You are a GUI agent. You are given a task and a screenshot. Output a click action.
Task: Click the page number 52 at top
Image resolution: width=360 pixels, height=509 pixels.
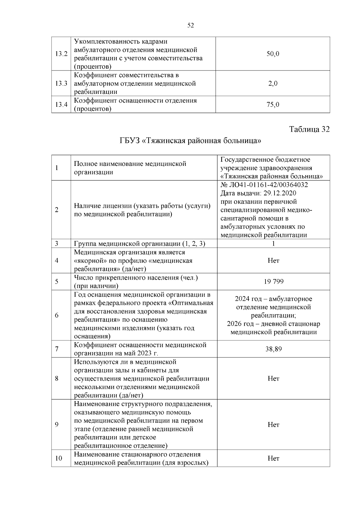coord(190,25)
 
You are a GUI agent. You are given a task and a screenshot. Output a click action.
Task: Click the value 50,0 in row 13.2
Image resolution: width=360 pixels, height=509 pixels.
coord(273,54)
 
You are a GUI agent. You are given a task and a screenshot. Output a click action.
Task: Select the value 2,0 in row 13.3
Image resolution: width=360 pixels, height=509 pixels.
coord(273,83)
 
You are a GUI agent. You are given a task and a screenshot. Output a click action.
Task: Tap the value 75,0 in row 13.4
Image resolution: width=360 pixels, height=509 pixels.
coord(273,104)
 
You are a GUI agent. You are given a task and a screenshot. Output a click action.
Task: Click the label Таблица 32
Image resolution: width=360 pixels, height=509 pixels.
coord(309,129)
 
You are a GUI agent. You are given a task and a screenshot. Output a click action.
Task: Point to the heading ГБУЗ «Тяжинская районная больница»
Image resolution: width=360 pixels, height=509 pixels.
coord(190,140)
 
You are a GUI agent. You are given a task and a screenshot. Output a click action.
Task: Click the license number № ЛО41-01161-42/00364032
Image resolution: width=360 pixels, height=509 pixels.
coord(264,185)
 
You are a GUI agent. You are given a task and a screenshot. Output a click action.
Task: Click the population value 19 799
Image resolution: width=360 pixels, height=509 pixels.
coord(274,282)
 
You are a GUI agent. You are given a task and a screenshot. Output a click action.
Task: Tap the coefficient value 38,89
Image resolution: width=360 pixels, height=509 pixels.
coord(274,349)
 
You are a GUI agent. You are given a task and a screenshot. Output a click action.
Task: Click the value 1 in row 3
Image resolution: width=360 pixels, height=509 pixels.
coord(273,244)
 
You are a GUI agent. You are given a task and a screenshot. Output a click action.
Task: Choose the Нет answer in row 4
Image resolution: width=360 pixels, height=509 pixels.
coord(273,261)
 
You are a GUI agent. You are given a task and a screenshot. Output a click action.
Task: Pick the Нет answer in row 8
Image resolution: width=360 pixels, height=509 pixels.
coord(273,379)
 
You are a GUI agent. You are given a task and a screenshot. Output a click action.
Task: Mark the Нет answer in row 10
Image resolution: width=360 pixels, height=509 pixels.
coord(273,458)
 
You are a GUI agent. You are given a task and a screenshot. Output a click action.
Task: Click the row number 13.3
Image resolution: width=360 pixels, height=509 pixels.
coord(61,83)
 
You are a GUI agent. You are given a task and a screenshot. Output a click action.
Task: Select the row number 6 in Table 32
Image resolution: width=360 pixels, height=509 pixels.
coord(57,315)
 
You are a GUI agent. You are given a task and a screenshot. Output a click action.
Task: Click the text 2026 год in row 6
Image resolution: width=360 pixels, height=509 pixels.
coord(238,324)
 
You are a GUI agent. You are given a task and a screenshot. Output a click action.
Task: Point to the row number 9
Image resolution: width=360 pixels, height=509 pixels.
coord(57,425)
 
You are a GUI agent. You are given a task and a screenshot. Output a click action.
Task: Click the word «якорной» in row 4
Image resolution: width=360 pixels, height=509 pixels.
coord(87,261)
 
